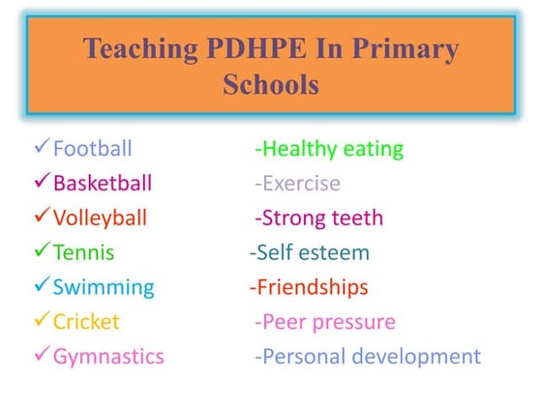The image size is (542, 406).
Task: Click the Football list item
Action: point(92,149)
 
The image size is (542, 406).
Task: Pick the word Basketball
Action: point(102,183)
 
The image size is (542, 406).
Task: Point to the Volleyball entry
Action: point(101,217)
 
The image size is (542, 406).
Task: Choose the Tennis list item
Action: point(83,252)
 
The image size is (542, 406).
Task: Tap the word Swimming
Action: point(103,287)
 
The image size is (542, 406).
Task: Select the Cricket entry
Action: point(87,322)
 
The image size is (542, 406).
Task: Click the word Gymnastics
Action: point(108,357)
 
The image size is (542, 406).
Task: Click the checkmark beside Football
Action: point(41,148)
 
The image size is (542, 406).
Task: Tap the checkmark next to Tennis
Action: point(41,251)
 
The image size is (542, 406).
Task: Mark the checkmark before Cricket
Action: point(41,321)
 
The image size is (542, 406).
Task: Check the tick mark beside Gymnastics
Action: point(41,356)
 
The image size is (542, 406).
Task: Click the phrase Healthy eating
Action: point(332,149)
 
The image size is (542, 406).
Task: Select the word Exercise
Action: point(301,183)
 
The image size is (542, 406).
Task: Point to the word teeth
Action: point(357,217)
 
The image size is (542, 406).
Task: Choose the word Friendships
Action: point(312,287)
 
